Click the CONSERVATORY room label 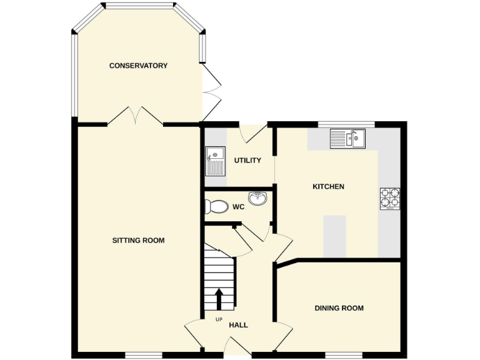(x=138, y=66)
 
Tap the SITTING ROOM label (x=138, y=240)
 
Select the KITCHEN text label (x=328, y=186)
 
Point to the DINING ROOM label (x=339, y=308)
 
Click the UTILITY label (x=247, y=161)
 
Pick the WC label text (x=238, y=206)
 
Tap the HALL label (x=238, y=325)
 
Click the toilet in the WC (x=216, y=206)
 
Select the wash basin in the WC (x=257, y=199)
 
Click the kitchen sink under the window (x=347, y=138)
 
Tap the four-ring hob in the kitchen (x=389, y=198)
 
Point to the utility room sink (x=215, y=160)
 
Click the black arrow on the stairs (x=219, y=298)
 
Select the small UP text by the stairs (x=219, y=320)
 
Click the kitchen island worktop (x=334, y=236)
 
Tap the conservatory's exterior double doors (x=211, y=94)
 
